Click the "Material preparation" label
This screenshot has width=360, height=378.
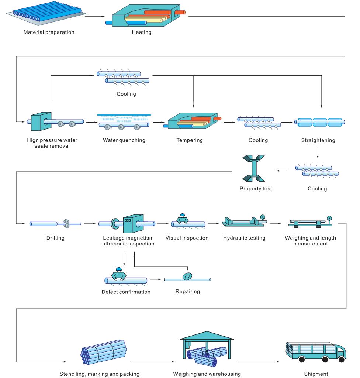pyautogui.click(x=49, y=32)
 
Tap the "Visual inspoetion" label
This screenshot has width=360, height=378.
pyautogui.click(x=187, y=238)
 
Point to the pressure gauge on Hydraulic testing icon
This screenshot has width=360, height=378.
pyautogui.click(x=262, y=217)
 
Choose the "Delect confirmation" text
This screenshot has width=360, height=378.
pyautogui.click(x=126, y=292)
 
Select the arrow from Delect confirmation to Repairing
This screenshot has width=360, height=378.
pyautogui.click(x=156, y=279)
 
